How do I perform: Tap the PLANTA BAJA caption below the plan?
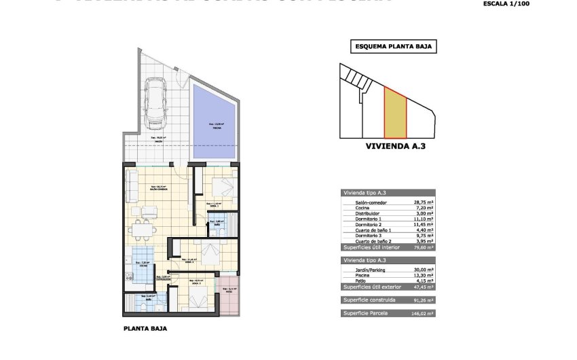[145, 328]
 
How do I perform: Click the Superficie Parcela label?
[367, 313]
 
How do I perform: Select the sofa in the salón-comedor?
[132, 187]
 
